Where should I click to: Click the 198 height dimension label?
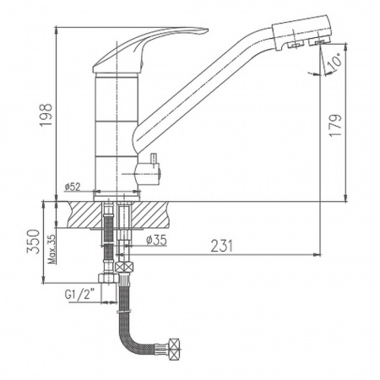coord(46,115)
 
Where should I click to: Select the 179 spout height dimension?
coord(335,125)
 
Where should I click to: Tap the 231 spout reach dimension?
coord(222,246)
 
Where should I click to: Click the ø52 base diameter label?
coord(73,187)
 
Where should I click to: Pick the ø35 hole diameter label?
coord(156,240)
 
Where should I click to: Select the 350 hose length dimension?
coord(33,242)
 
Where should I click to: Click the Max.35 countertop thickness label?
coord(52,249)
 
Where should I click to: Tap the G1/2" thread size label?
coord(79,295)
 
